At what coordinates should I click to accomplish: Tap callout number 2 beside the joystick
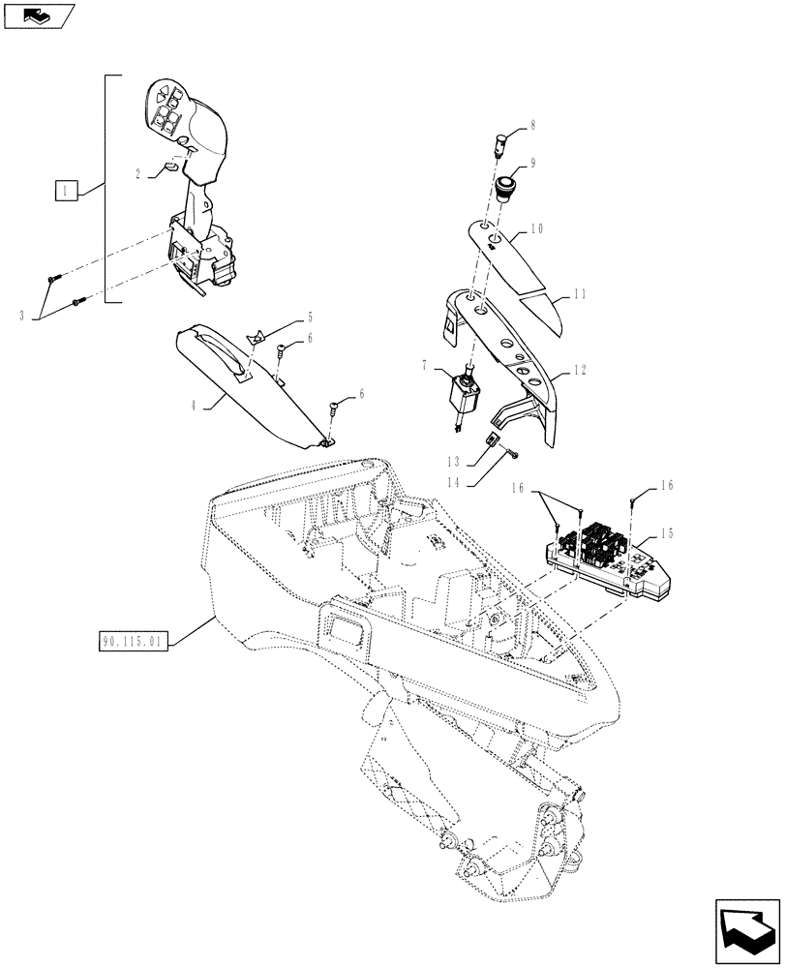point(138,174)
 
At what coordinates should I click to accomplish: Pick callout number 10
point(537,231)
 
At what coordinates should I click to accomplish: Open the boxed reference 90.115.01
point(133,640)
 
